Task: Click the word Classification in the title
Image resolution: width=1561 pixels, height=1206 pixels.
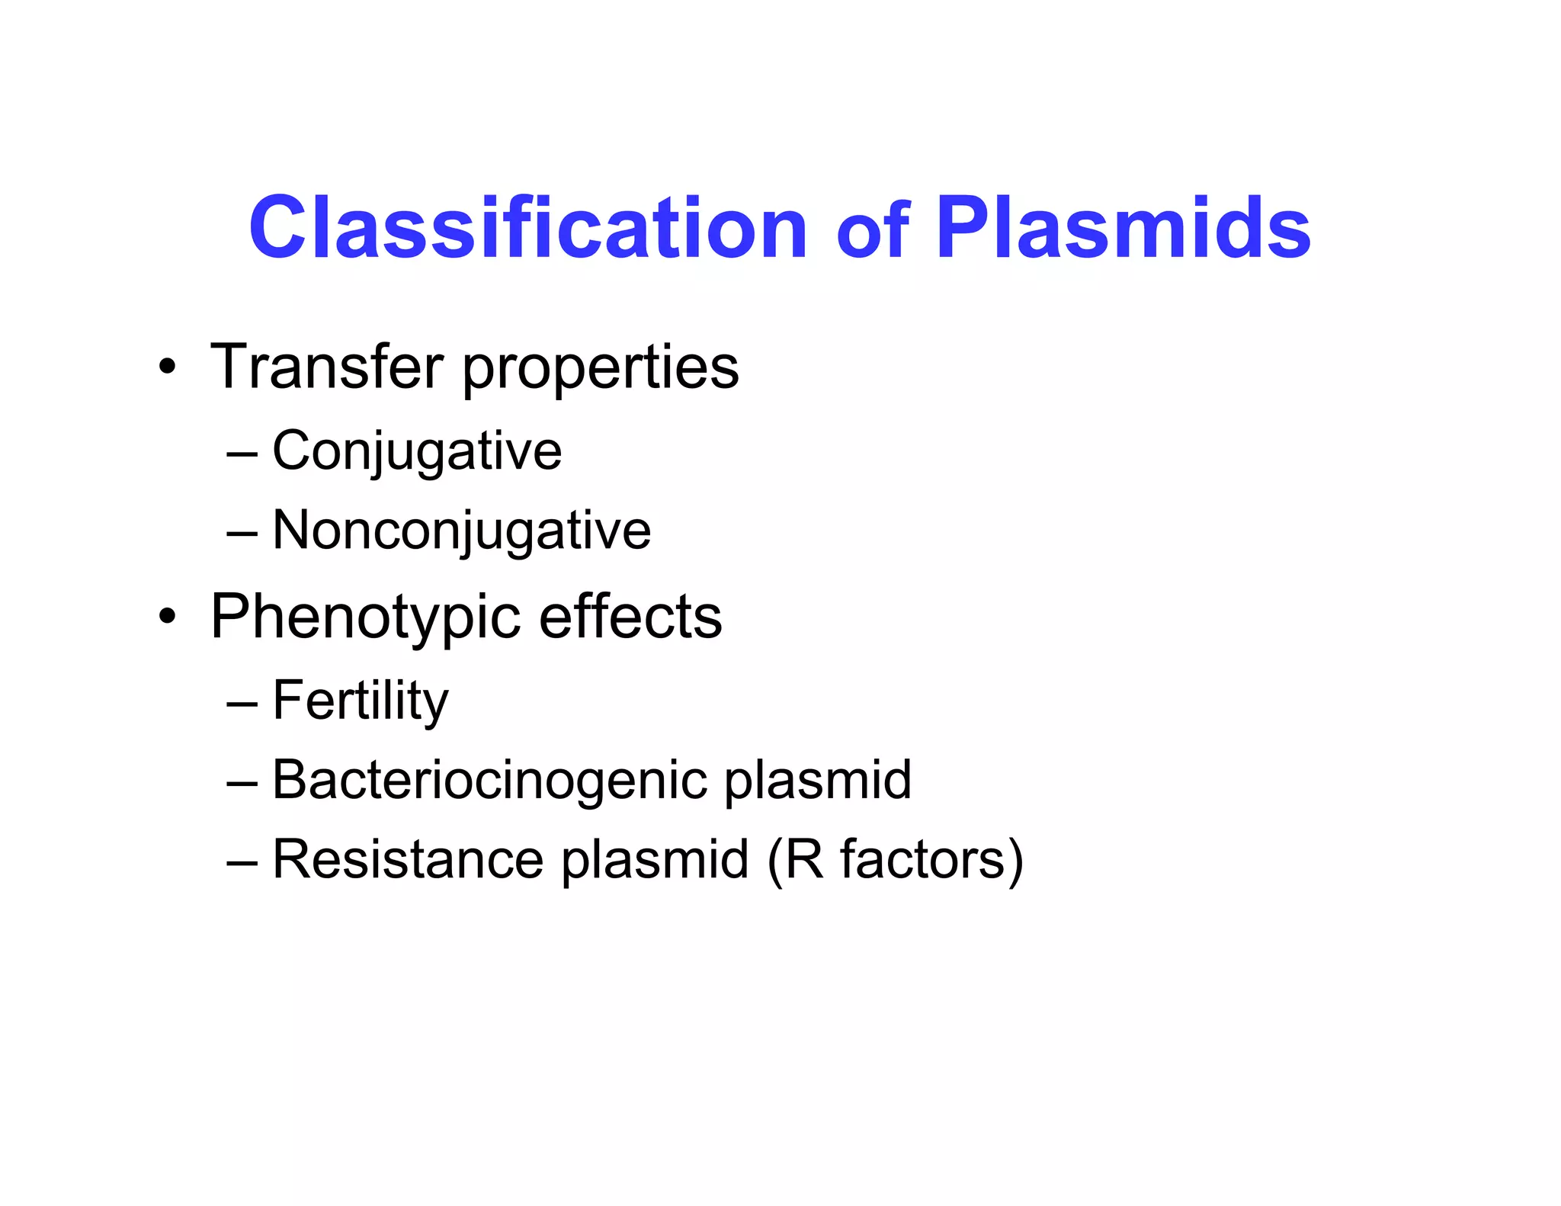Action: click(527, 228)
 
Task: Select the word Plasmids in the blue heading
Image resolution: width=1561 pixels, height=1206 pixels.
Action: click(1123, 228)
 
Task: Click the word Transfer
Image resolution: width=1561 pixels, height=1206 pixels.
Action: click(326, 367)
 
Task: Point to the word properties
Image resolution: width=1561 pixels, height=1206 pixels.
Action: click(601, 370)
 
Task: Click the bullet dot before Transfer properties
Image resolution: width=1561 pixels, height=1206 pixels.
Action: click(168, 368)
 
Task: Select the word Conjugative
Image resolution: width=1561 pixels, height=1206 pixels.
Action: click(417, 452)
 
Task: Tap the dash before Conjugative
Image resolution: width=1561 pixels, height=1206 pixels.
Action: click(242, 454)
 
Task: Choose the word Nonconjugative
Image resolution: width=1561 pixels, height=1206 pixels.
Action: click(461, 531)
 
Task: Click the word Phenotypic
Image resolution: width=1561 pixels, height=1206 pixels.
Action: click(365, 618)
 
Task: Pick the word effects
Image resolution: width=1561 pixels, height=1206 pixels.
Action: click(630, 617)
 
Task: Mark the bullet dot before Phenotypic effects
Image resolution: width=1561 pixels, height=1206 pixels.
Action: click(168, 617)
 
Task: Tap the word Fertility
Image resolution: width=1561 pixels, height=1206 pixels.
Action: click(360, 701)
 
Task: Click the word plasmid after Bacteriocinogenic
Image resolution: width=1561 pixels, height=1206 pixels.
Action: click(817, 781)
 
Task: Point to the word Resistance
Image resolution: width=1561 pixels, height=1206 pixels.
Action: click(408, 859)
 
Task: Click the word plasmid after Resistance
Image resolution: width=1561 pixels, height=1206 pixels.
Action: click(655, 861)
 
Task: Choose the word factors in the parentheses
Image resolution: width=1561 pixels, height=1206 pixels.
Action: click(923, 859)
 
